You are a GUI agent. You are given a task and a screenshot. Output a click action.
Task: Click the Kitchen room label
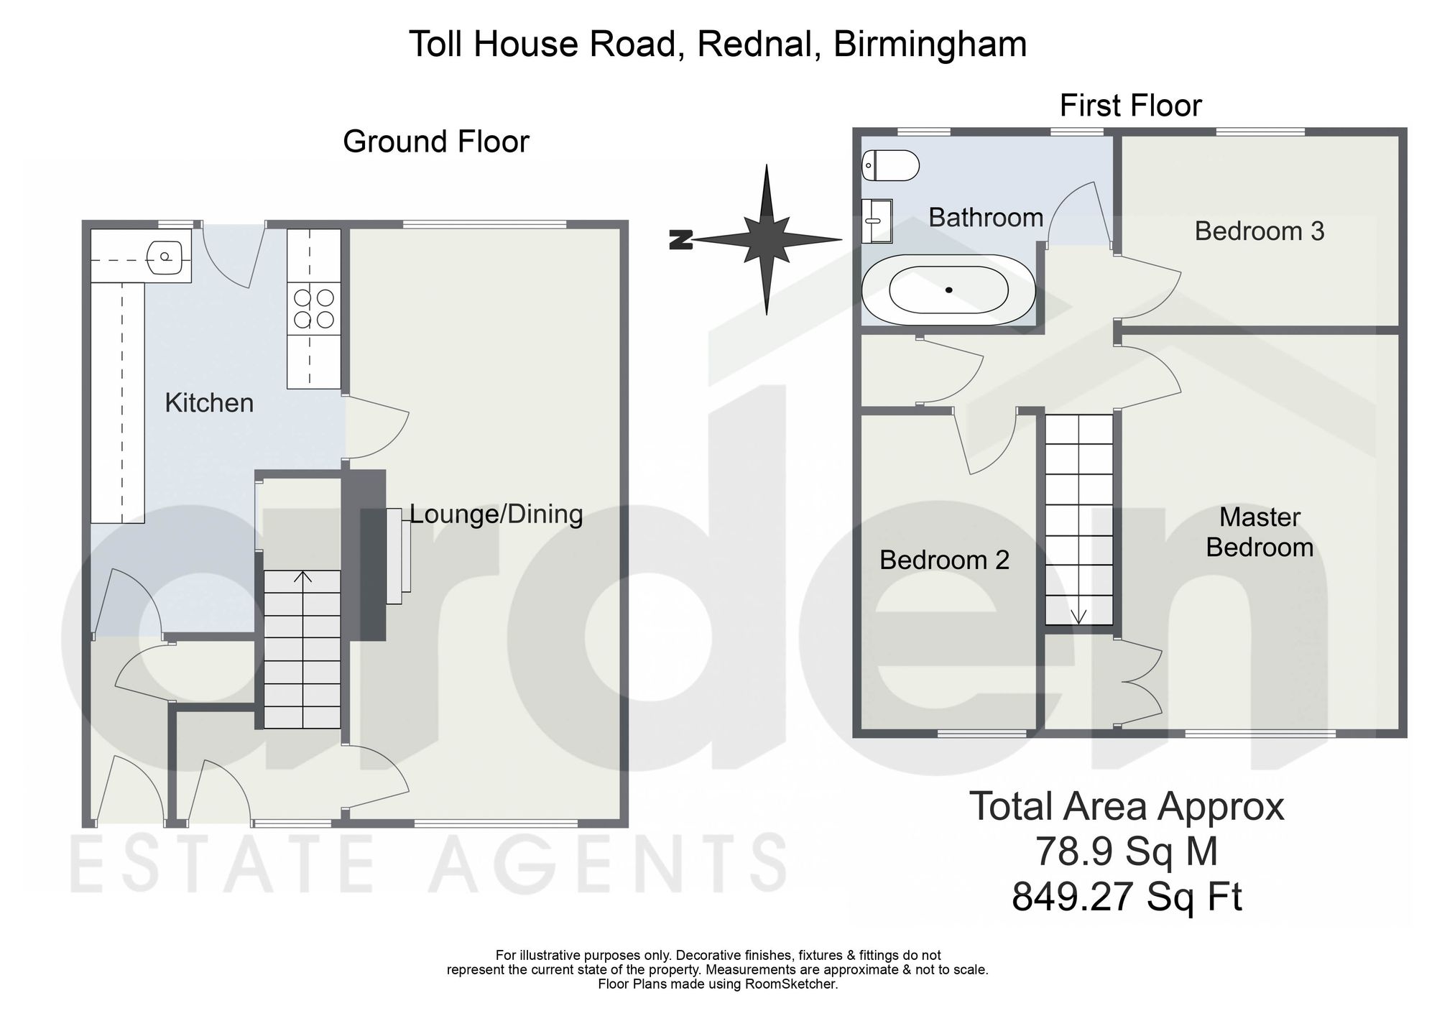(x=209, y=403)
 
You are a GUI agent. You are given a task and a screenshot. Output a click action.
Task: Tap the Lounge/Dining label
(x=496, y=514)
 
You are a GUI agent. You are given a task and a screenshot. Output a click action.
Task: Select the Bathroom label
(x=986, y=217)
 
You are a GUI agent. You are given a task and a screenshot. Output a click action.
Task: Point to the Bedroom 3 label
(x=1260, y=231)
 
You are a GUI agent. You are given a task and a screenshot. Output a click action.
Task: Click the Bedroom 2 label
(x=944, y=560)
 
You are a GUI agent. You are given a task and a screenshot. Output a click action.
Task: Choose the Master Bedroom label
(x=1260, y=532)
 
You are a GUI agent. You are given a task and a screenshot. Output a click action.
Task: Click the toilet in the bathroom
(x=890, y=166)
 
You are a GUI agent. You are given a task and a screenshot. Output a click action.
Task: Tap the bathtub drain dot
(x=949, y=290)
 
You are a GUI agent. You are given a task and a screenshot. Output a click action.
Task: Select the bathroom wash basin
(x=877, y=221)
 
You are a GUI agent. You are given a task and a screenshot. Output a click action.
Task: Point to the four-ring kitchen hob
(x=314, y=308)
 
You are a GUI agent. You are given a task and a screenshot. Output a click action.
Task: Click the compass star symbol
(x=767, y=239)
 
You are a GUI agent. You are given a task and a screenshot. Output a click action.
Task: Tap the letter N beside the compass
(x=680, y=240)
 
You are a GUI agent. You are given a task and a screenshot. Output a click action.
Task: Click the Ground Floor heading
(x=436, y=142)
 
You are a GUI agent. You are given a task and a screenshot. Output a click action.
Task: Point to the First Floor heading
(x=1130, y=106)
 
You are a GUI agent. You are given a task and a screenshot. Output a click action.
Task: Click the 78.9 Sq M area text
(x=1127, y=852)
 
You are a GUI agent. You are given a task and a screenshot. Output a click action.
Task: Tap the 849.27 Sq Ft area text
(x=1127, y=897)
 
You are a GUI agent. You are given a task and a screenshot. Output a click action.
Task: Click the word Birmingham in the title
(x=930, y=45)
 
